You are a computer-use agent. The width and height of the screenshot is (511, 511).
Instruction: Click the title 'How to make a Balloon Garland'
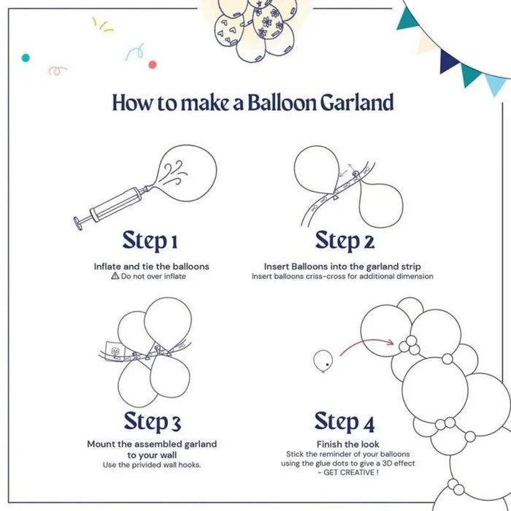(253, 102)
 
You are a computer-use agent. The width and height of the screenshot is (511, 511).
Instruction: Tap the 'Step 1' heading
(150, 240)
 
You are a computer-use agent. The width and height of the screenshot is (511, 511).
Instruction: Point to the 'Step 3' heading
(152, 421)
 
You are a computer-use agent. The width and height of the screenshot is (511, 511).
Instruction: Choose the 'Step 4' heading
(345, 421)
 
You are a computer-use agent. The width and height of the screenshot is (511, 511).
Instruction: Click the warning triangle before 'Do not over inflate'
(115, 277)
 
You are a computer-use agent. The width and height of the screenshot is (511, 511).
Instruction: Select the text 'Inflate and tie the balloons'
(151, 266)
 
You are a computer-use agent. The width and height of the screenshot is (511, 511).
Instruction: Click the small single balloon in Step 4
(323, 359)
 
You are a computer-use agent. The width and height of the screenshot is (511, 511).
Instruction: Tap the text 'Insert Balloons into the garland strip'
(342, 266)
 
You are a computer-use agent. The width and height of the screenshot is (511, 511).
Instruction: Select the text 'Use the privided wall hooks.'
(152, 465)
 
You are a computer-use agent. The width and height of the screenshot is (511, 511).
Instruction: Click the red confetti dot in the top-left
(153, 64)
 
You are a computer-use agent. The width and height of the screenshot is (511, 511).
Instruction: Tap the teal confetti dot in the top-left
(26, 57)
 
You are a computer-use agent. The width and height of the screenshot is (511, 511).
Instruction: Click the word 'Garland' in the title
(356, 102)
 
